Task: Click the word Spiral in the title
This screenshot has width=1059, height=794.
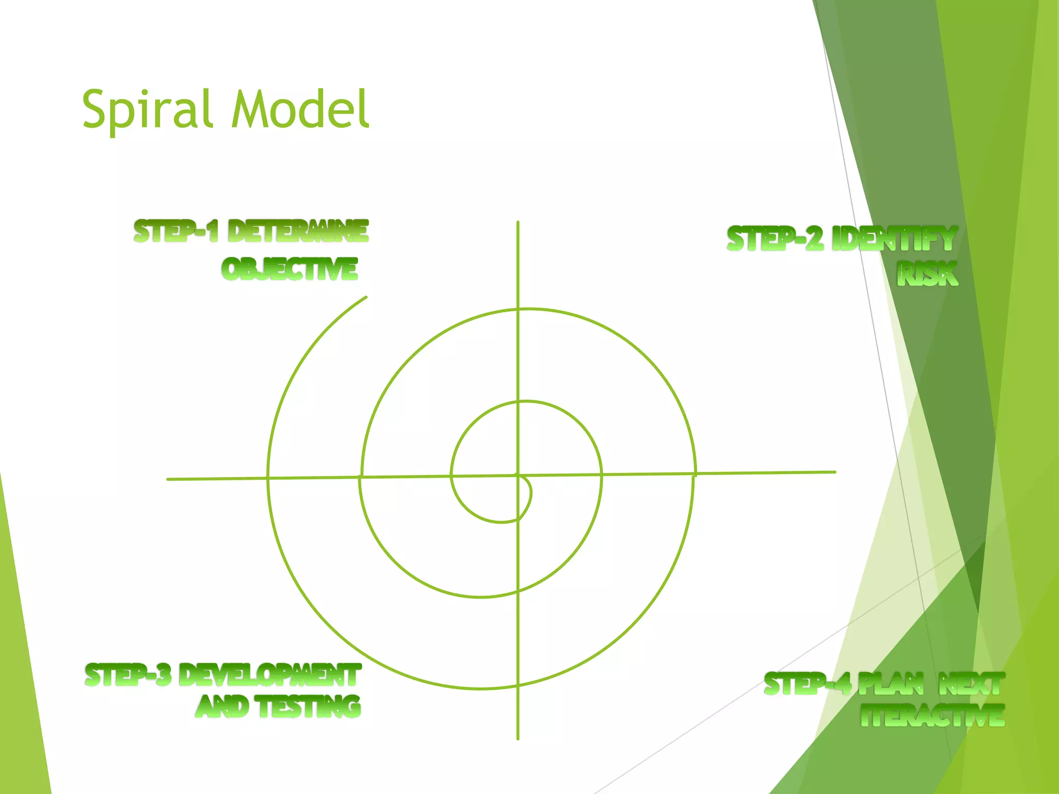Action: [148, 110]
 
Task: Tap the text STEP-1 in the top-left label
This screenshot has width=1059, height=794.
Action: [176, 231]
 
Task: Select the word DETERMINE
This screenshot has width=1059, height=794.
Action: [298, 231]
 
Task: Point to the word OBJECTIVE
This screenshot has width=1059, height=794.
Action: [290, 269]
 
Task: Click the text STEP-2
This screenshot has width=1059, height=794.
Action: [775, 239]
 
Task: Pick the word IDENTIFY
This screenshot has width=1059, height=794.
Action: [895, 239]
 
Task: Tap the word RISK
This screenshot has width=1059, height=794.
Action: [928, 274]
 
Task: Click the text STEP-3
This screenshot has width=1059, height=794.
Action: [128, 675]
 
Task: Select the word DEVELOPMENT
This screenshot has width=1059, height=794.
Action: [270, 675]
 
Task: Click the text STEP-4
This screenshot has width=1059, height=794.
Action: [807, 684]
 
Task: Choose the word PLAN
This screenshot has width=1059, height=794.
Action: [891, 684]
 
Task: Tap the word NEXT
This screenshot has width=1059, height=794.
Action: [972, 684]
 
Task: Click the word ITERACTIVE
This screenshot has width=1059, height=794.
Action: [933, 716]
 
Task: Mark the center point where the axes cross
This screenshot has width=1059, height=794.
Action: [518, 475]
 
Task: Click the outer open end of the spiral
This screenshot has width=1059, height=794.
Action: [366, 297]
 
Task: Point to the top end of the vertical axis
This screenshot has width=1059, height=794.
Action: [518, 222]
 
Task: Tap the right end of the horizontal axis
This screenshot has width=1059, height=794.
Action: [835, 472]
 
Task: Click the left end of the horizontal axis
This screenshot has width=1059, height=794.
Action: [168, 479]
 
